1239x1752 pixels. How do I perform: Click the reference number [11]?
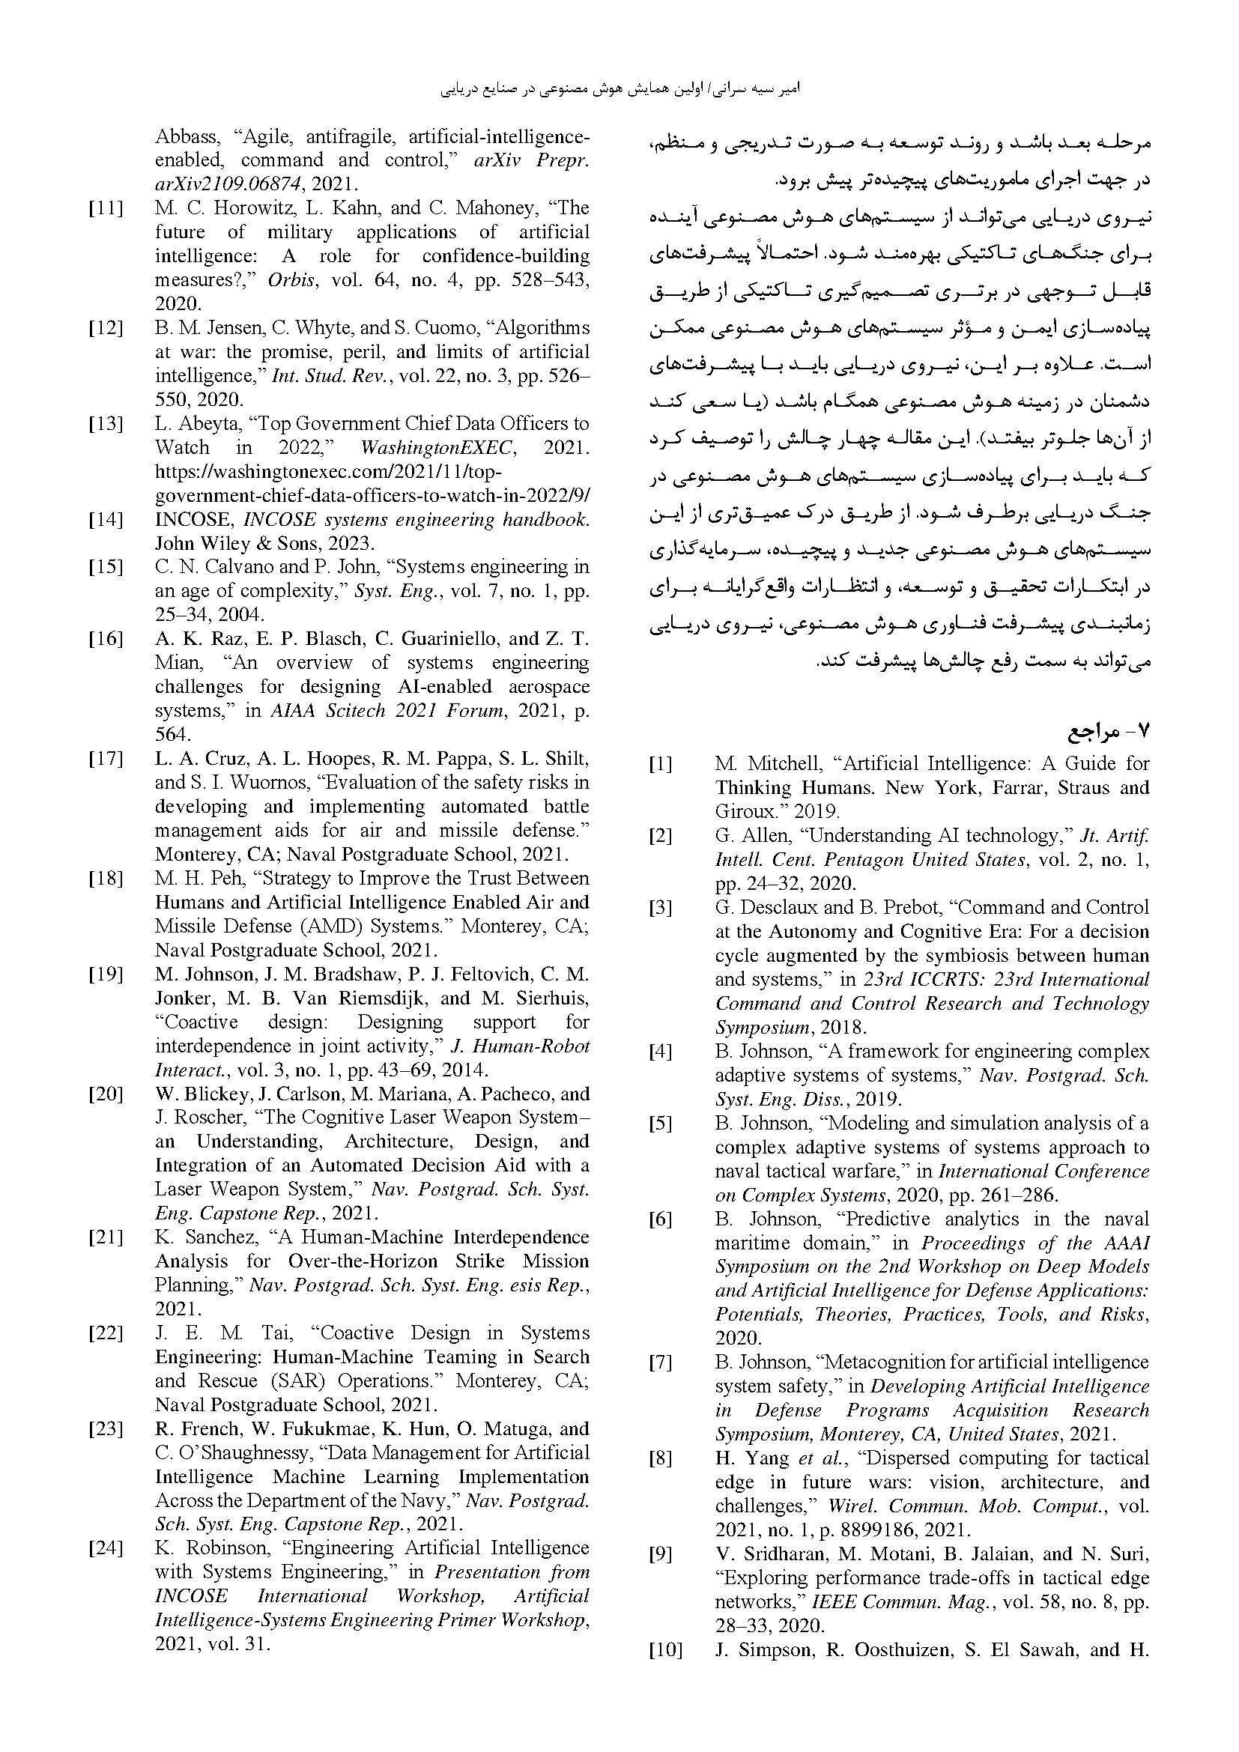106,208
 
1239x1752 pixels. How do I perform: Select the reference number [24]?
106,1548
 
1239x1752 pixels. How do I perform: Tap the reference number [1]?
661,764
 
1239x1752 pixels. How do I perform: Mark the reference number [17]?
106,759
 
